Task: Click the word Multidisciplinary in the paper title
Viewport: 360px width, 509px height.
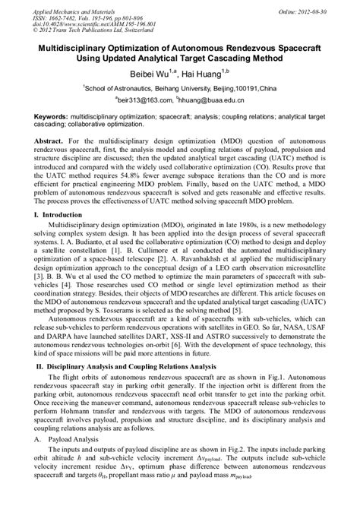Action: (69, 46)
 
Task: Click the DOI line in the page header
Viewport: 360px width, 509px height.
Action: (83, 22)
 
